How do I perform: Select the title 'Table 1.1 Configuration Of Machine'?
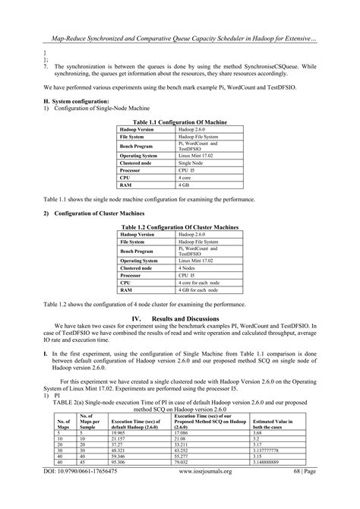[180, 122]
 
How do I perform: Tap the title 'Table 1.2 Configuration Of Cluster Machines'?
[180, 227]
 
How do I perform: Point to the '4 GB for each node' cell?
[200, 289]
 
